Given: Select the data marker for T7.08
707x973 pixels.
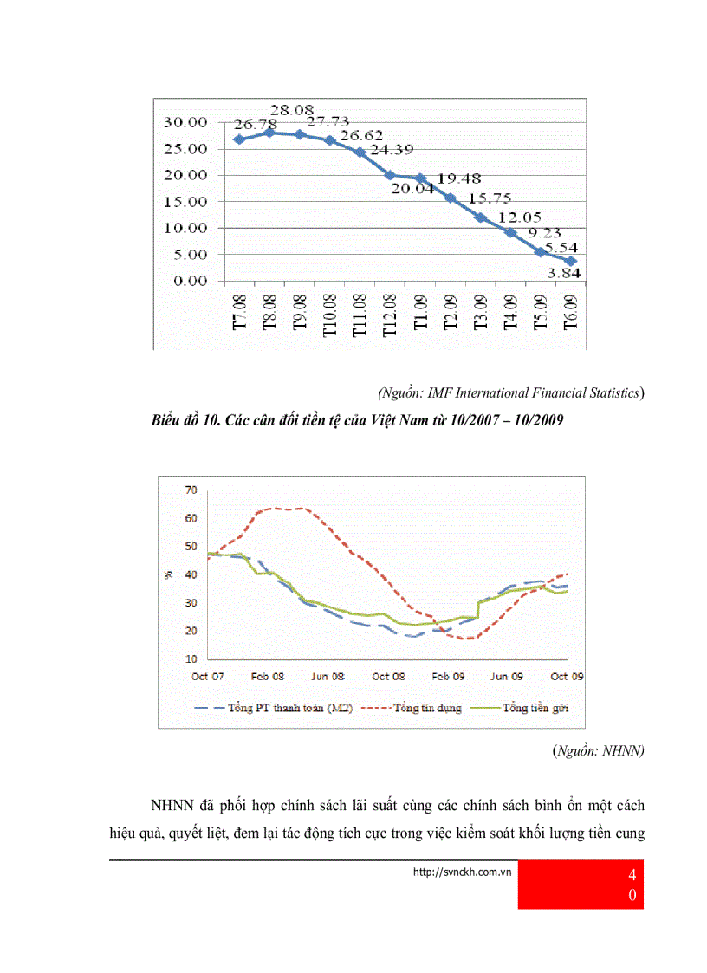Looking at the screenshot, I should (x=237, y=139).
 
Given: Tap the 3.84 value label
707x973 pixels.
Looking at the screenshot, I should (x=563, y=274).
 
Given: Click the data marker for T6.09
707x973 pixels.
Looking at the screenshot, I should (x=570, y=261).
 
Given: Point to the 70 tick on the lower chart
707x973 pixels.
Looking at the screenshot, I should (x=191, y=490).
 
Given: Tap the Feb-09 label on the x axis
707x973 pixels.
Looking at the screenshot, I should (x=448, y=675).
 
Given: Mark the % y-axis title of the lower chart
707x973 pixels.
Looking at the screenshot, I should (x=170, y=574).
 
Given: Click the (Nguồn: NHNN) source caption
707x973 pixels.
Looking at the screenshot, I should (x=598, y=752).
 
